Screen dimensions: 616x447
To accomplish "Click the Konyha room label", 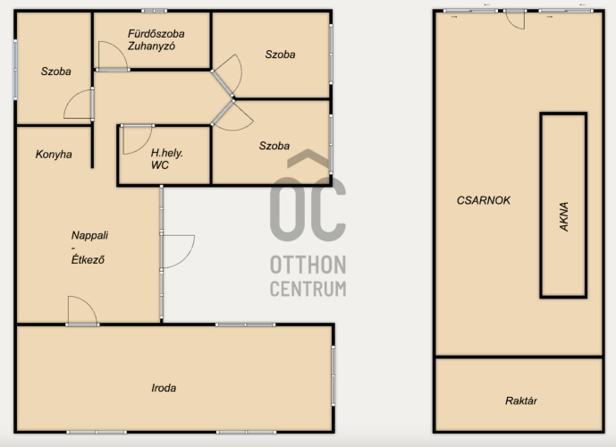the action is pos(54,155).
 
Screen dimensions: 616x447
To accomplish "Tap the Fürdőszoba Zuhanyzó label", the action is pos(156,39).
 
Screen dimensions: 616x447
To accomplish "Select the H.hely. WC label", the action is pos(166,159).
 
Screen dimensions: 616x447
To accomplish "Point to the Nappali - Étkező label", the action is pos(89,247).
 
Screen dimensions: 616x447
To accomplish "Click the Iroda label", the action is pos(164,388).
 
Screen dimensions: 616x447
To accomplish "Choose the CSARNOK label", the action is pos(483,200).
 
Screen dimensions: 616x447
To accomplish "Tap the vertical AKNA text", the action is pos(564,216).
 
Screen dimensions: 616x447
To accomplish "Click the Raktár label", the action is pos(521,401).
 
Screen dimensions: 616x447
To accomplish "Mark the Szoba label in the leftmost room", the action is pos(56,72).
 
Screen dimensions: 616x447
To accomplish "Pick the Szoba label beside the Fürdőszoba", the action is pos(280,55).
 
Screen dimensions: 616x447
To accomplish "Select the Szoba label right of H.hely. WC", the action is pos(274,146).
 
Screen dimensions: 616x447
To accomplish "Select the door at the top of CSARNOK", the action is pos(516,20).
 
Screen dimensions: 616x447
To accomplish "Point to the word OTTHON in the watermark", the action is pos(308,265).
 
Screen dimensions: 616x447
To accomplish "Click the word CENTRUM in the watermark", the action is pos(308,289).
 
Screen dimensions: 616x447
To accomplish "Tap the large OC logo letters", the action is pos(308,208).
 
